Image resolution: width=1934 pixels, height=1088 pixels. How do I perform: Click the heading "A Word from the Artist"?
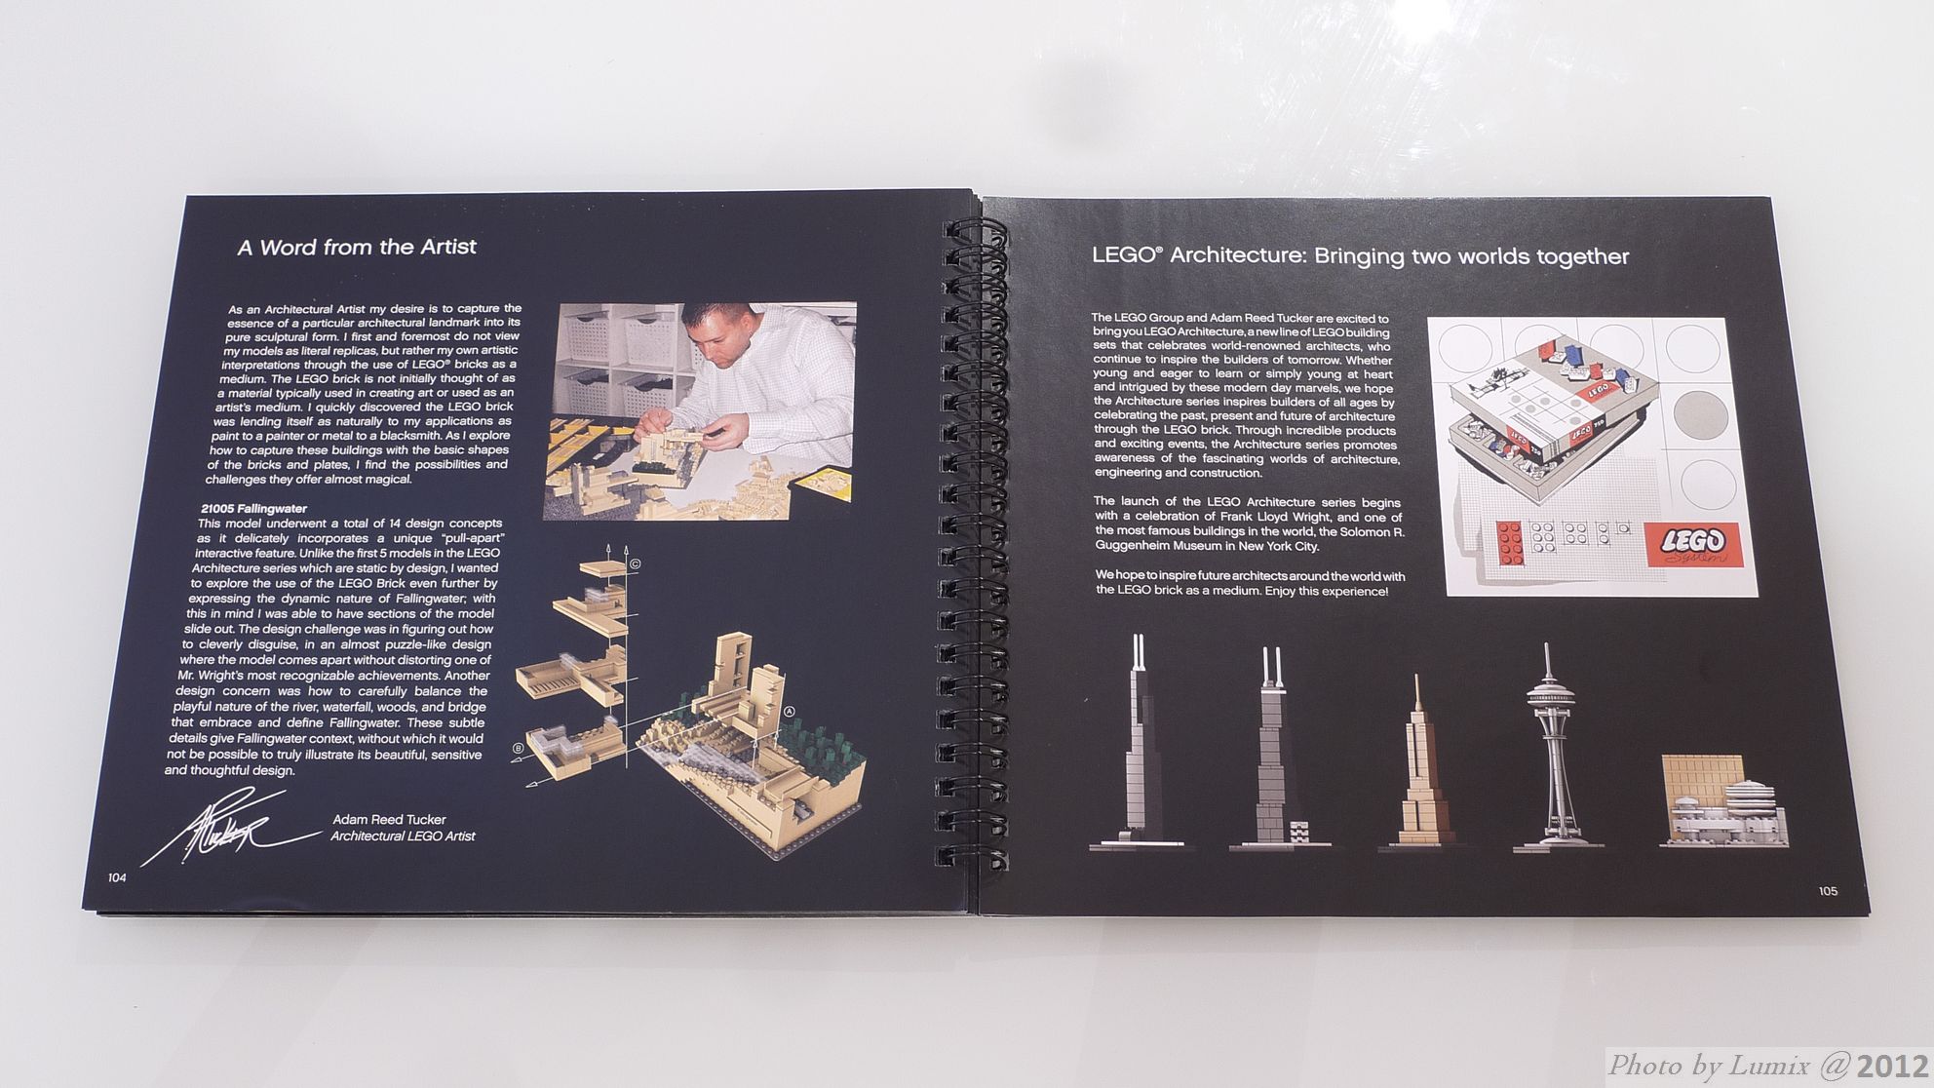[357, 247]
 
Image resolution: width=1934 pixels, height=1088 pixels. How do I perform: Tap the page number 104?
[117, 877]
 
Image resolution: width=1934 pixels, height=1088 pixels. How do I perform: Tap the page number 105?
[1828, 891]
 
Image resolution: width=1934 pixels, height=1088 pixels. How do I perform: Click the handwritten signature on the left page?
[229, 829]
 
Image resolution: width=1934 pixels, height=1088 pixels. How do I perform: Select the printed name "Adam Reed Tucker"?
[389, 820]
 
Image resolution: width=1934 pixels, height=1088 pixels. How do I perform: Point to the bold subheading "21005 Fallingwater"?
[253, 508]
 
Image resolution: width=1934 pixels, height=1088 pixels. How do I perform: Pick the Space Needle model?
[1558, 747]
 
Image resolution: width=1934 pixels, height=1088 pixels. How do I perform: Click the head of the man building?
[719, 335]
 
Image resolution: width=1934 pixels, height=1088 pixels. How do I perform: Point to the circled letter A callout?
[789, 712]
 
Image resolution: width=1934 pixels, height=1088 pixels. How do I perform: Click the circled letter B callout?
[518, 749]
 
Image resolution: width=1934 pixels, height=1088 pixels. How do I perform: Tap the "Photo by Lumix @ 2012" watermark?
[1767, 1066]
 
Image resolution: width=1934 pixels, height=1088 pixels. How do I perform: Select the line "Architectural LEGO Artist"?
[403, 835]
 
